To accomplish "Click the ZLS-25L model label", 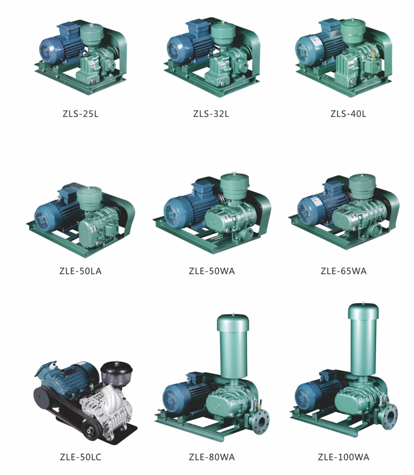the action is pos(80,114).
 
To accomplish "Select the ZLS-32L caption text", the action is pos(211,114).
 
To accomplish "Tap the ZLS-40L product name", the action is pos(348,114).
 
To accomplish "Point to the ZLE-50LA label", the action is pos(80,271).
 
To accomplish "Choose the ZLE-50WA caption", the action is pos(212,271).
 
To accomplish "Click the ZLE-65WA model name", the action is pos(343,271).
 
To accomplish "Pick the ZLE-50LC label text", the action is pos(80,457).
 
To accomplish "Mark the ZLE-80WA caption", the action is pos(212,457).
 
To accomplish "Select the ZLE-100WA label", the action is pos(343,457).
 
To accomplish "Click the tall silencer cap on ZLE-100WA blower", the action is pos(363,311).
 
